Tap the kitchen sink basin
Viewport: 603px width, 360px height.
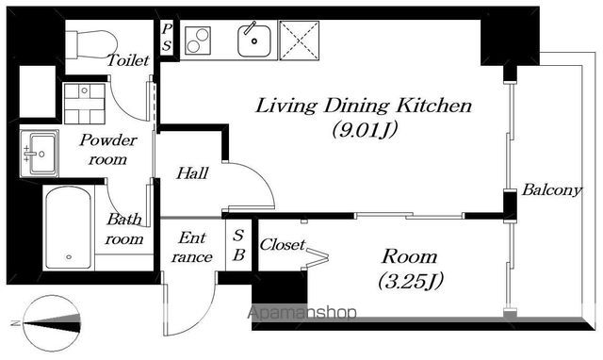pos(253,41)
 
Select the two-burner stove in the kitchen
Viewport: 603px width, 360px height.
pos(198,41)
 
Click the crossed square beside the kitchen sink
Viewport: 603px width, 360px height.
pos(300,41)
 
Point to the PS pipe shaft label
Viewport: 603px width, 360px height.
pos(167,38)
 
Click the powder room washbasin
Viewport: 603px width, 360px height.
pos(40,154)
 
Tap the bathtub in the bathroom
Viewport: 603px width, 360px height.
pos(69,228)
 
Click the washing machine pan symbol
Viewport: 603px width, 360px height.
pos(85,104)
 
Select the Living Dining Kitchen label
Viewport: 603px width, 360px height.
pos(364,106)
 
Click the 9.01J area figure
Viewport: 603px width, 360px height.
pos(365,130)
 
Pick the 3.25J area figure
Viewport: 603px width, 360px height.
pos(411,281)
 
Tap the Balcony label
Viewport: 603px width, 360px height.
pos(552,190)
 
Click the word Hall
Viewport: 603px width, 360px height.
pos(192,173)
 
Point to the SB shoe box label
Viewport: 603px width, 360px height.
pos(238,245)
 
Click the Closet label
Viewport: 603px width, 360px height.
pos(283,245)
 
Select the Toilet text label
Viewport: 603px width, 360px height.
pos(128,60)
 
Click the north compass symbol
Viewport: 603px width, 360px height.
pos(52,323)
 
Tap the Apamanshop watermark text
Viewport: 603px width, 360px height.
pos(301,313)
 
